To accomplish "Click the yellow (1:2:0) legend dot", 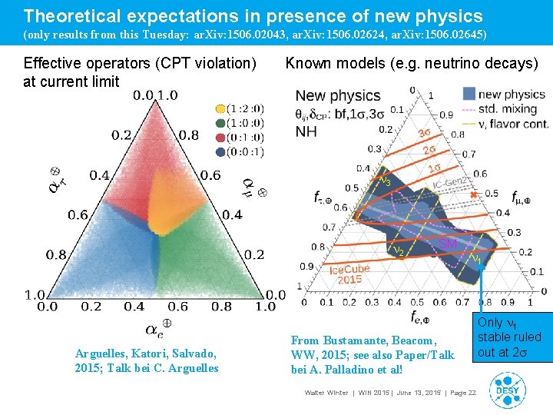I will pos(221,109).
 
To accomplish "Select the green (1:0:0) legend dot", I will pos(221,123).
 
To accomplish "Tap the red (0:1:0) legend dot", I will pos(221,138).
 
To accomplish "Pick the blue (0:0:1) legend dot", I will pos(221,151).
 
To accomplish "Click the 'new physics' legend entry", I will pos(502,95).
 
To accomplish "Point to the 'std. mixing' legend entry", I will pos(502,108).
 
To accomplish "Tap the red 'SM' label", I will pos(448,244).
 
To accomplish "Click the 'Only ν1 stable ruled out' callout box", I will pos(509,337).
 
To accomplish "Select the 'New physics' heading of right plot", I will pos(338,96).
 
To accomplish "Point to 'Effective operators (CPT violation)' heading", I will pos(140,63).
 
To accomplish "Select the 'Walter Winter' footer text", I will pos(326,393).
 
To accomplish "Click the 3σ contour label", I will pos(424,134).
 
